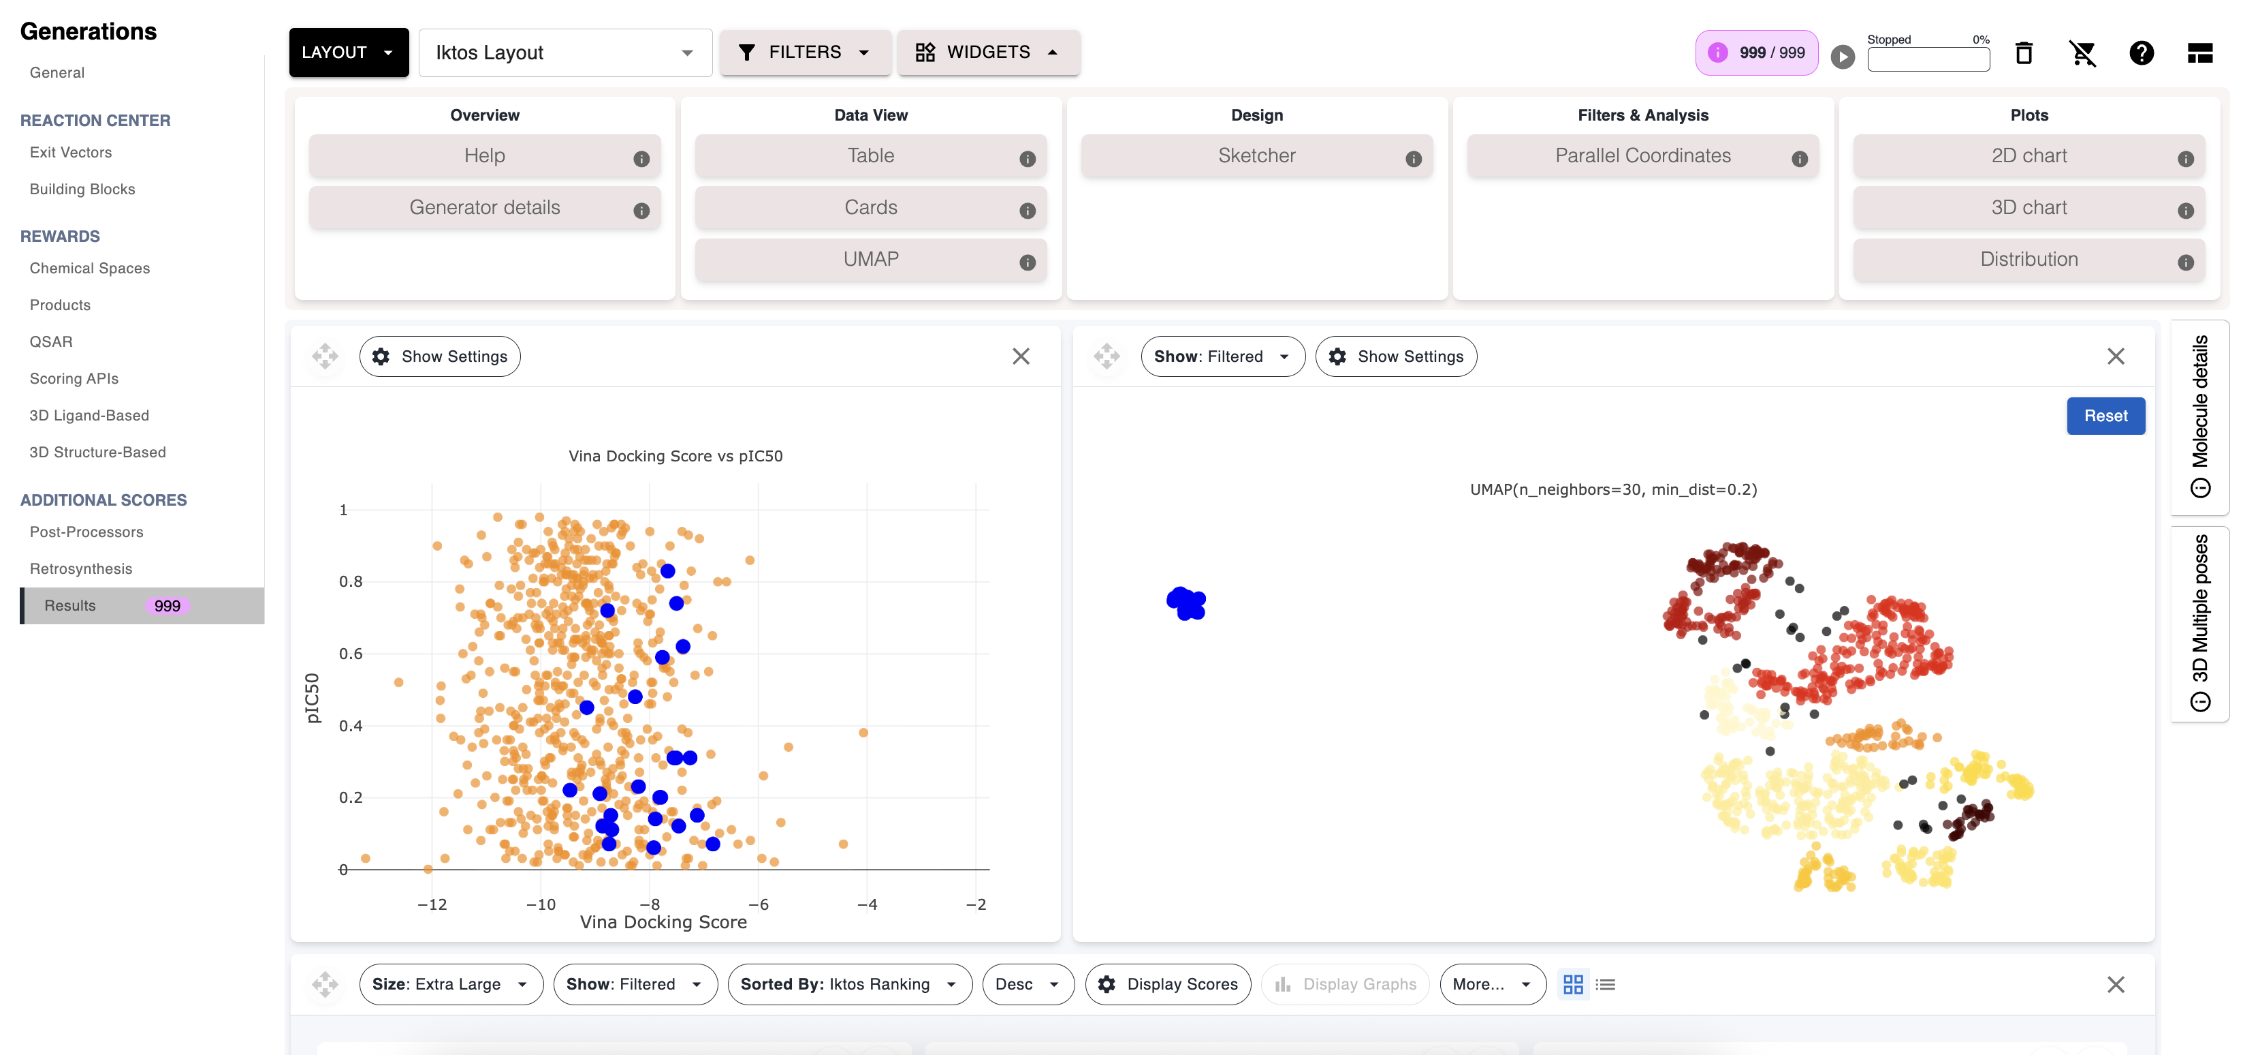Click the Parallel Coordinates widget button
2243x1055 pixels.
pos(1642,156)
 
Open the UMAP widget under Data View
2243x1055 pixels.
pos(871,260)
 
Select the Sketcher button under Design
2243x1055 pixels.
pos(1256,156)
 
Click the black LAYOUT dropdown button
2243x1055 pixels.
pos(348,52)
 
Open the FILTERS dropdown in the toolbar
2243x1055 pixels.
pos(805,52)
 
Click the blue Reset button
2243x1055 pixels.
pos(2105,416)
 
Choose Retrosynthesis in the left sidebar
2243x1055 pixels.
pos(81,569)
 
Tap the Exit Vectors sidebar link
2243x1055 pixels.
pos(71,153)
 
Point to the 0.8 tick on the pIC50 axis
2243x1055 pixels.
pos(351,581)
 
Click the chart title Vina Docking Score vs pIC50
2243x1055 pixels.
pos(675,456)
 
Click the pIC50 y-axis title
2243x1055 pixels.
pos(313,698)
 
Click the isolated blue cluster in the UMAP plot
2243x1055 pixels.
pos(1186,603)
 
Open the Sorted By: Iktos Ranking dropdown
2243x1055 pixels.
pos(849,984)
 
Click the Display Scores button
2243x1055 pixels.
pos(1168,984)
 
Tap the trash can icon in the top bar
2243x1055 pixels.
pos(2024,53)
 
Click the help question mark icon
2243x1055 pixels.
pos(2141,53)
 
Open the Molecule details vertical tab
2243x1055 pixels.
pos(2199,416)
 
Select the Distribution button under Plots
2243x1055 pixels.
pos(2029,260)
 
